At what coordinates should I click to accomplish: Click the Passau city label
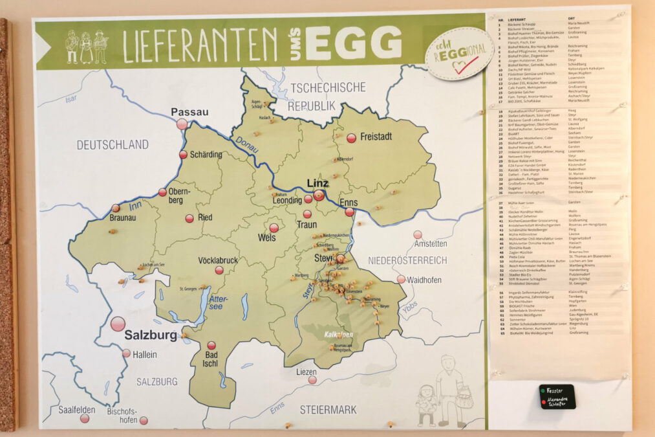click(x=189, y=112)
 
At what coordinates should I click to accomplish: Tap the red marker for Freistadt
click(x=351, y=138)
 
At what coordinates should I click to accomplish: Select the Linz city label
click(x=317, y=183)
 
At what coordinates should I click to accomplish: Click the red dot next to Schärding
click(x=183, y=155)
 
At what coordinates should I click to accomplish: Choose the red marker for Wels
click(x=274, y=228)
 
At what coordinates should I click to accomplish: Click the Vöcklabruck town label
click(x=219, y=260)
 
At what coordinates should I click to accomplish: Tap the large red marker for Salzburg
click(x=118, y=324)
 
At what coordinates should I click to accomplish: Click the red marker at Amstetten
click(x=418, y=234)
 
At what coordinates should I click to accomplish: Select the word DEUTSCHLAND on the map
click(x=113, y=144)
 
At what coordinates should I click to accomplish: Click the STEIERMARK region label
click(x=328, y=409)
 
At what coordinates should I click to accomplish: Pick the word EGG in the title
click(x=354, y=43)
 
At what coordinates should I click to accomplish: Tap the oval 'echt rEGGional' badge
click(x=460, y=54)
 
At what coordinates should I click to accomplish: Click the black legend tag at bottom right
click(x=557, y=396)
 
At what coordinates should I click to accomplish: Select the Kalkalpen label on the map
click(x=338, y=335)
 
